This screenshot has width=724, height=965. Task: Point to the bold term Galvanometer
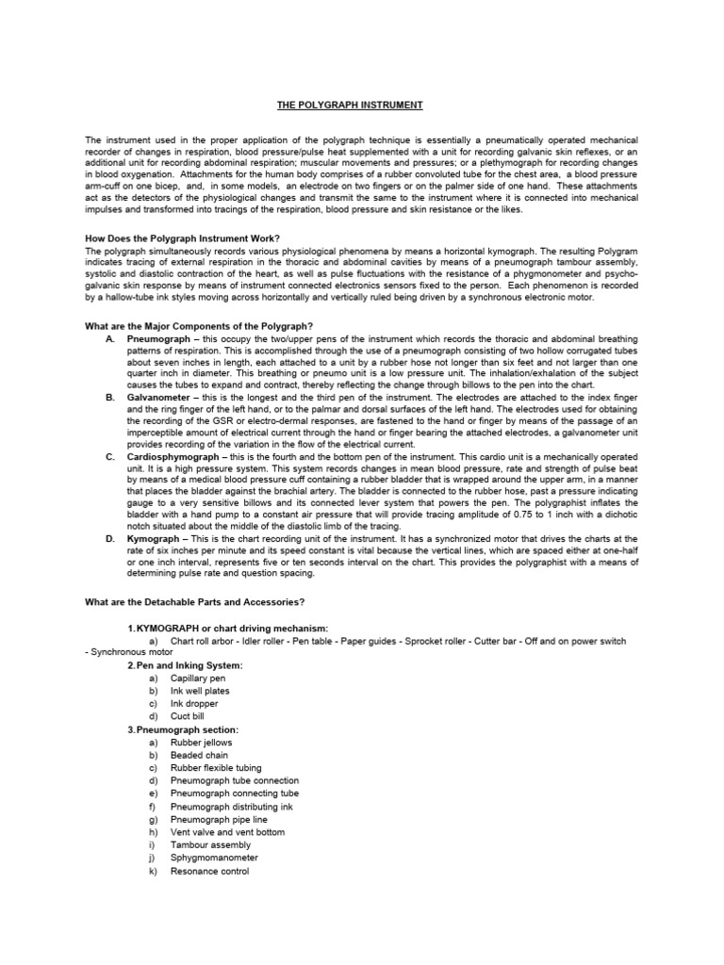coord(161,399)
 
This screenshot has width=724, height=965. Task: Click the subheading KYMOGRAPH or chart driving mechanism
coord(227,628)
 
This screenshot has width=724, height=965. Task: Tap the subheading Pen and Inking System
coord(185,665)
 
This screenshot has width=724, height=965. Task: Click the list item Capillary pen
coord(197,679)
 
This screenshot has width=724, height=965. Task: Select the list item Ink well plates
coord(199,691)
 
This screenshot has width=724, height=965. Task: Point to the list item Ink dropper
coord(193,704)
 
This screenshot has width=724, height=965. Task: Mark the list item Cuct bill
coord(188,716)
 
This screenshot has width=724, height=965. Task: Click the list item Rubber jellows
coord(201,743)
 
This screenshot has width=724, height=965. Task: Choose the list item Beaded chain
coord(199,755)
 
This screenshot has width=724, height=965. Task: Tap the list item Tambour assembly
coord(207,845)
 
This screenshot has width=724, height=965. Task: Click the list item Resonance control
coord(209,872)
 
